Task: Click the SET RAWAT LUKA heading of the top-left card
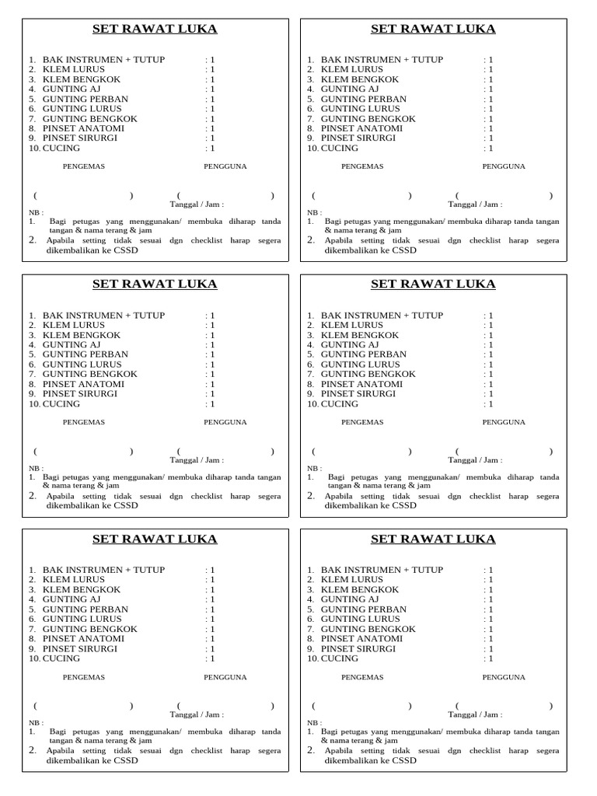(x=155, y=30)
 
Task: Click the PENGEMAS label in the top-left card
(x=83, y=166)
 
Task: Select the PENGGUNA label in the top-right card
(x=504, y=166)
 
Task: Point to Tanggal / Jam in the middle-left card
(x=197, y=460)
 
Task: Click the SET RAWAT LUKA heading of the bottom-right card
(x=433, y=539)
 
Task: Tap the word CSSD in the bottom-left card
(x=124, y=761)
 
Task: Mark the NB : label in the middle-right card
(x=314, y=469)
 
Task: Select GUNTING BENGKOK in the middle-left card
(x=89, y=374)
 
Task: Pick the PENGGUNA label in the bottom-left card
(x=225, y=678)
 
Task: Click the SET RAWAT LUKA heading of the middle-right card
(x=433, y=285)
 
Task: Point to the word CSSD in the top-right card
(x=403, y=250)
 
